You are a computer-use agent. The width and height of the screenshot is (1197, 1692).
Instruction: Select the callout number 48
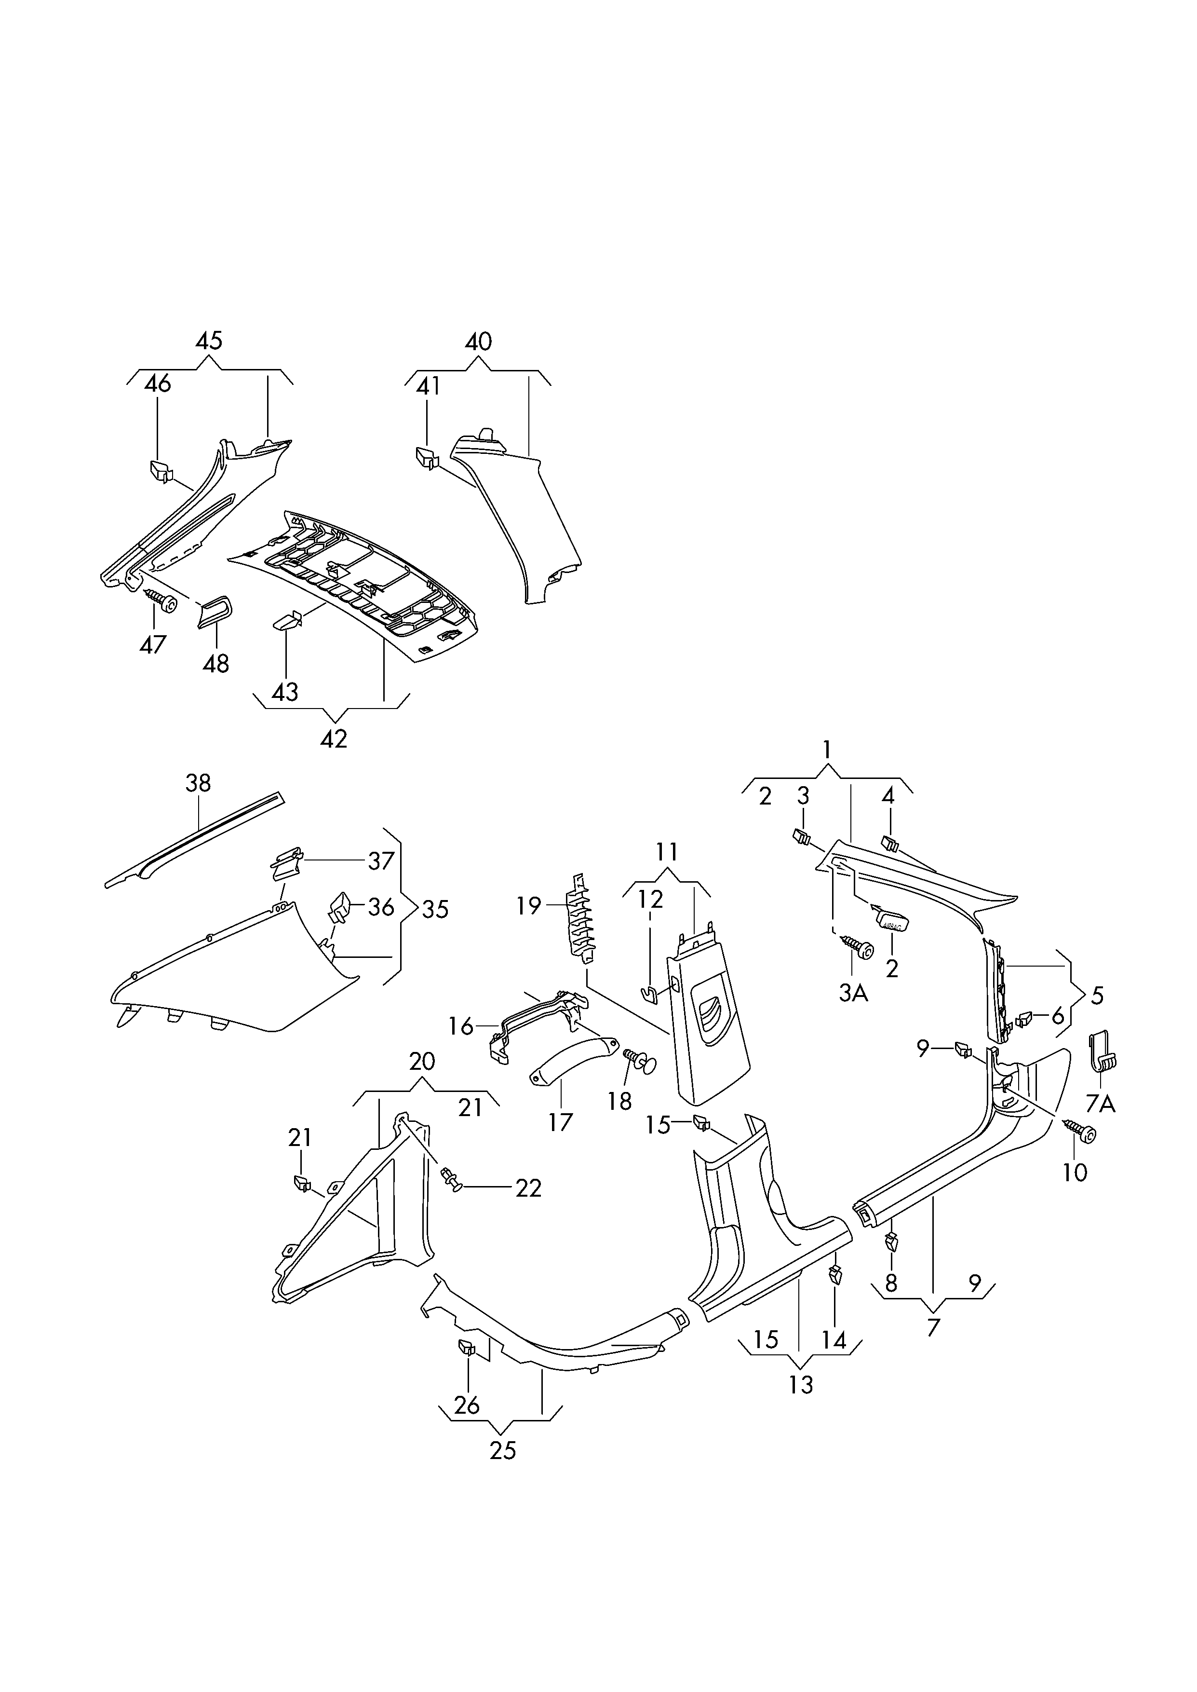click(216, 664)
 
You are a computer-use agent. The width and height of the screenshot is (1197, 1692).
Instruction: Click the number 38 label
click(198, 782)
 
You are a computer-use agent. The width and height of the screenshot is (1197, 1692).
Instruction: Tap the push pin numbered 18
click(640, 1063)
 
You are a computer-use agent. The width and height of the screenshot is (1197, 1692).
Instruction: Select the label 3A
click(854, 993)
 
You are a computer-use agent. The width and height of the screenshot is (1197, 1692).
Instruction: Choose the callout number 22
click(528, 1208)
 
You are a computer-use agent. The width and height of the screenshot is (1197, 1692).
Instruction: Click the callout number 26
click(467, 1405)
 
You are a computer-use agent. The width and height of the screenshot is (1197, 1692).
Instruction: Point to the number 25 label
click(503, 1451)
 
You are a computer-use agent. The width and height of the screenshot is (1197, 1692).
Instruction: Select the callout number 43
click(285, 692)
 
